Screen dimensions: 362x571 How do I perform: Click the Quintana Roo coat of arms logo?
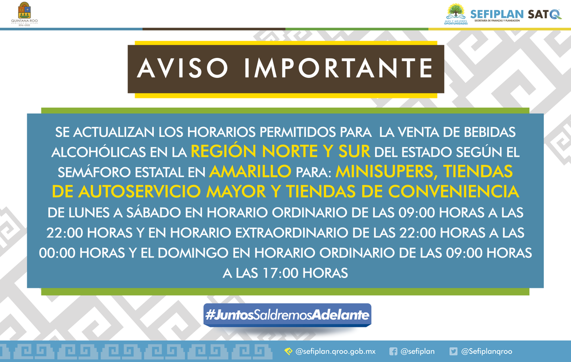point(23,10)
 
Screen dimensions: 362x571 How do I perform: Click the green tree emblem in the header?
point(455,11)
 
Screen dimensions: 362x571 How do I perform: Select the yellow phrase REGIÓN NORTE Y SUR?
point(281,151)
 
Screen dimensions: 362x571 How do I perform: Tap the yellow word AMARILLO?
point(250,171)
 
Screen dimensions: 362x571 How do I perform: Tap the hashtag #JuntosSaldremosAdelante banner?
point(287,315)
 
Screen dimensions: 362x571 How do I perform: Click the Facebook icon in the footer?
point(393,352)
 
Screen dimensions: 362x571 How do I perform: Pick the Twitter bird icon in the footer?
point(453,352)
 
